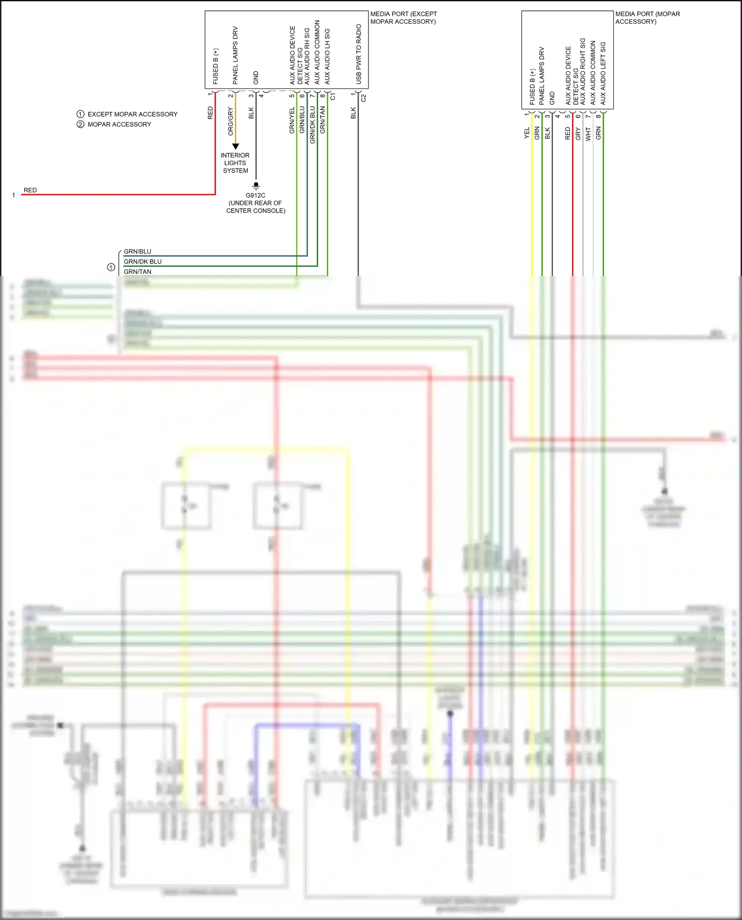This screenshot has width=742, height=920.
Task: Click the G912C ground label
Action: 255,195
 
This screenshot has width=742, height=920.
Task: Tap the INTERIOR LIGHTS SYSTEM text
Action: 235,163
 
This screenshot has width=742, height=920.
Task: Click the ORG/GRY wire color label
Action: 231,121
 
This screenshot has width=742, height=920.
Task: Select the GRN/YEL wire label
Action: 292,120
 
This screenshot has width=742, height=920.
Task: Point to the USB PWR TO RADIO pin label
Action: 359,54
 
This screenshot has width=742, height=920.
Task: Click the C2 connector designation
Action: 364,98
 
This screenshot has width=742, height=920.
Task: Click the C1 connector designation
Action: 333,96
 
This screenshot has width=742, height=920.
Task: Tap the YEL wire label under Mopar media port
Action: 527,133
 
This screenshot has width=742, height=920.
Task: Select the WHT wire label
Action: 588,133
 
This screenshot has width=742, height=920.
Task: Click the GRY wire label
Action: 578,133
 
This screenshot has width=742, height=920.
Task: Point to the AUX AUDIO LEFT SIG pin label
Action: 603,73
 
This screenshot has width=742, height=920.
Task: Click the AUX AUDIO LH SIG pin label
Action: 327,56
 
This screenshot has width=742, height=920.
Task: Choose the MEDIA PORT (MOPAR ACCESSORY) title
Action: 647,18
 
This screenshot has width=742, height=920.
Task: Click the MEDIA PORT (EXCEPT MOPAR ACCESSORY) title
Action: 404,18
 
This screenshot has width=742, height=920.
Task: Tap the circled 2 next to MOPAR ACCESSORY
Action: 81,125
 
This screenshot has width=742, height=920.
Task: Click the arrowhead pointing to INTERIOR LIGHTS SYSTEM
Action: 235,146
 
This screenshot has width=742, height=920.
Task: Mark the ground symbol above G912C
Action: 256,185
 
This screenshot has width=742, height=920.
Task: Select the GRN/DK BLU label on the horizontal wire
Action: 142,262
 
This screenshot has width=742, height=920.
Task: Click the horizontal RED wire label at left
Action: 30,190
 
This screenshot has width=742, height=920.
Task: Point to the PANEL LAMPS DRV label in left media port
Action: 235,55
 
